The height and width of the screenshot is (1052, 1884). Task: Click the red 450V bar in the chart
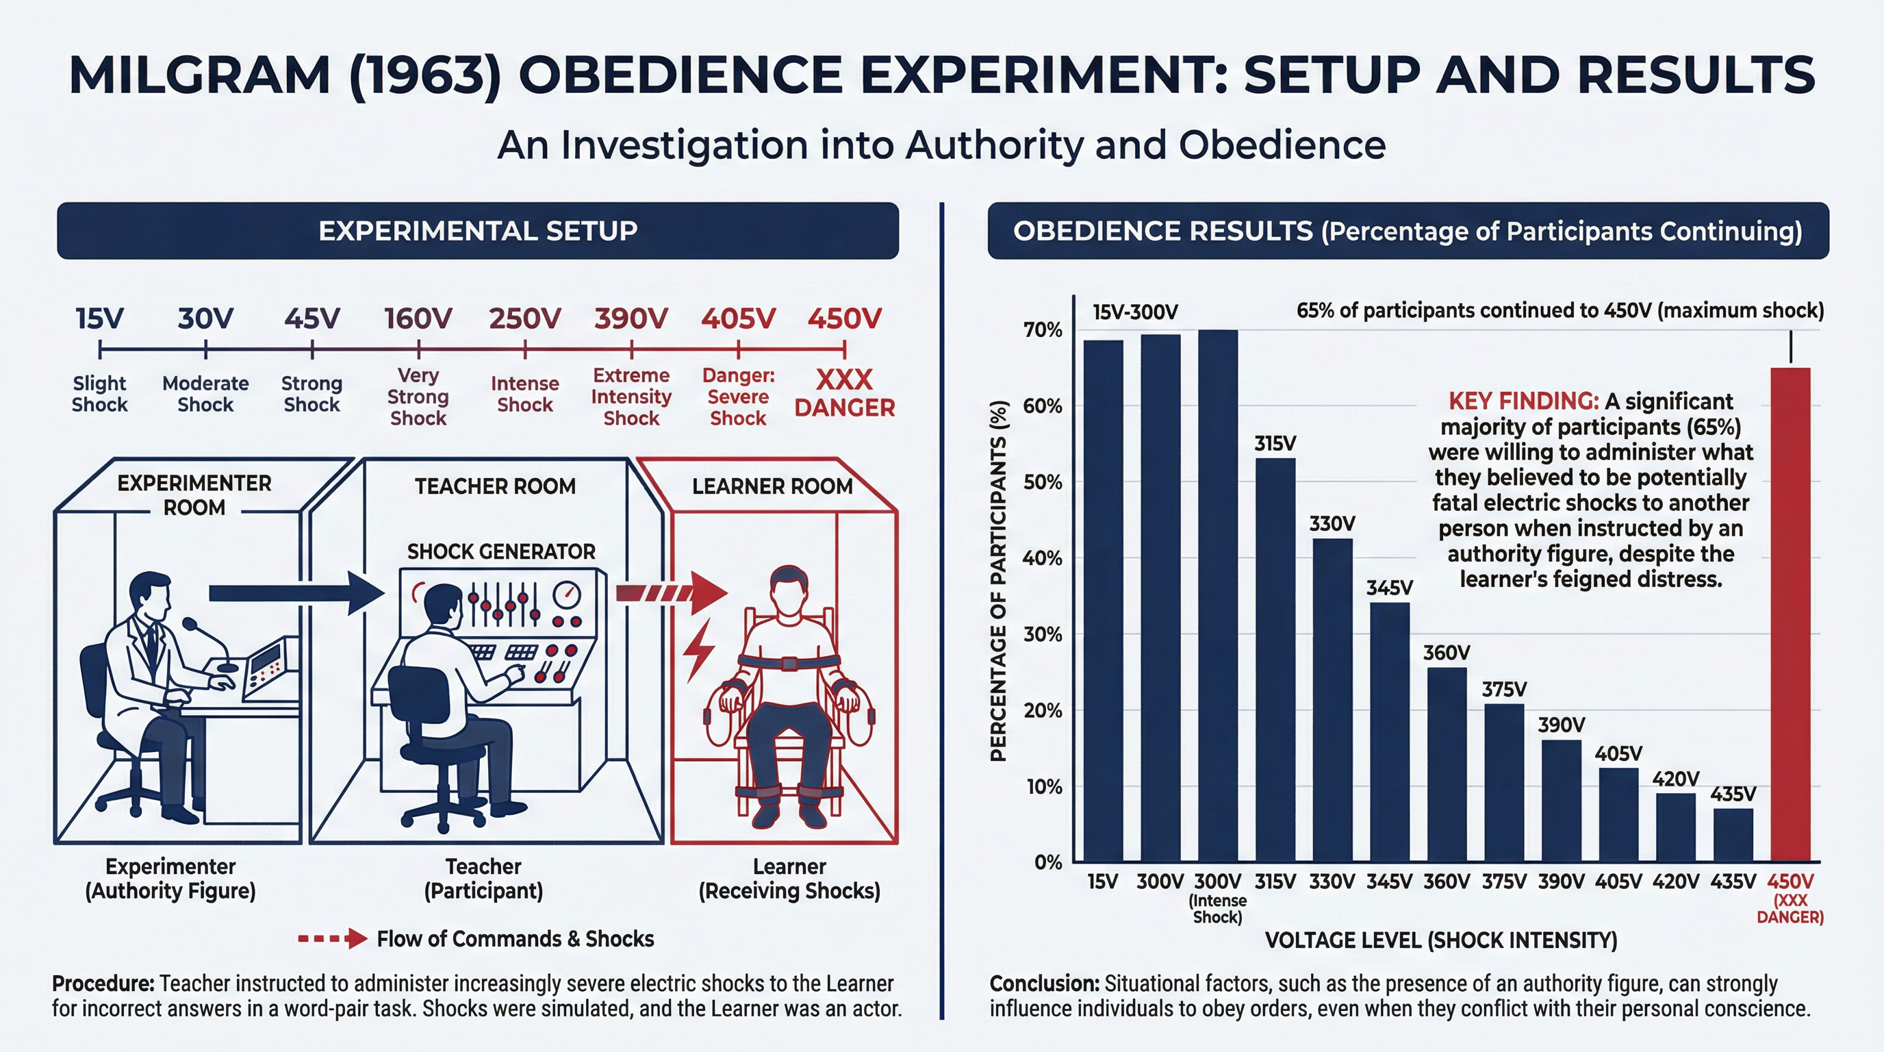coord(1790,614)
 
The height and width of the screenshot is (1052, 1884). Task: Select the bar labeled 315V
coord(1275,658)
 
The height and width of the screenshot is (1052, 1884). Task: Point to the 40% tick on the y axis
coord(1042,558)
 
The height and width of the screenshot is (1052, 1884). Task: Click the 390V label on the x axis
coord(1561,881)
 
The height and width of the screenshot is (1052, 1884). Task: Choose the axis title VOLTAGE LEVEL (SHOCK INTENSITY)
coord(1440,940)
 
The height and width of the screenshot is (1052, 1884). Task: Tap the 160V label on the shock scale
coord(418,319)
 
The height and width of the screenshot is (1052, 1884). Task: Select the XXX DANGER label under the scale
coord(844,394)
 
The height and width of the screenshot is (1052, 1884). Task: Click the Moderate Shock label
coord(205,394)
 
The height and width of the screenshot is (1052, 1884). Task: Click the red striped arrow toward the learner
coord(670,592)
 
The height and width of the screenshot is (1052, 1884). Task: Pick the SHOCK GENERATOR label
coord(501,551)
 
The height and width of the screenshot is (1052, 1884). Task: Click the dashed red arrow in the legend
coord(332,938)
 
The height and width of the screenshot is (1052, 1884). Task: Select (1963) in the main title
coord(425,75)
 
